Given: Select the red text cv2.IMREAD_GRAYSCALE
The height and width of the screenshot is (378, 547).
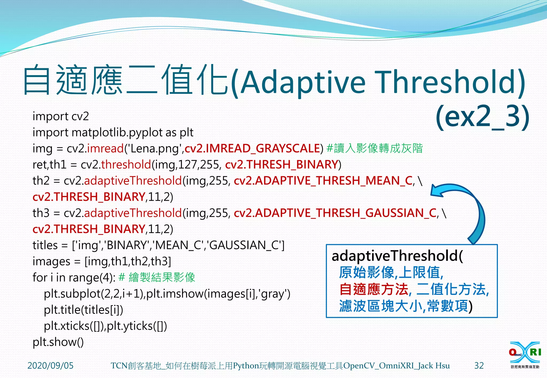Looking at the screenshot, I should pos(252,148).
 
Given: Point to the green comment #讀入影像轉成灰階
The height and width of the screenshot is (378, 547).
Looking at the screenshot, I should pos(374,148).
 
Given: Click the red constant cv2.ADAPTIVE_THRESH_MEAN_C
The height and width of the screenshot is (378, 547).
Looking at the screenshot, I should pos(323,181).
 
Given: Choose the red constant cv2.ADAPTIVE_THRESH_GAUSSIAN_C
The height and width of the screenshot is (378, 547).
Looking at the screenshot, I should pos(335,213).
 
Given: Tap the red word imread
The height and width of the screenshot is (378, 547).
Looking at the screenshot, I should pos(105,148).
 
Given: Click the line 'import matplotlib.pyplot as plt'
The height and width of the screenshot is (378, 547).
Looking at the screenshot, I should pos(113,132).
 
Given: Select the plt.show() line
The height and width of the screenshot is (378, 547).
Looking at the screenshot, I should pos(58,342).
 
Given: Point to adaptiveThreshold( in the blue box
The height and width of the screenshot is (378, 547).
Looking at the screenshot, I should pos(397,256).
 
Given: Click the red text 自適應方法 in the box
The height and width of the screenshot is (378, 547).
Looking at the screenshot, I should pos(374,289).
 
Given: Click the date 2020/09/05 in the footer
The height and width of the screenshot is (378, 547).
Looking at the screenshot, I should pos(50,365).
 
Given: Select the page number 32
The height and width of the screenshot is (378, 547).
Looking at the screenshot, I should pos(479,365).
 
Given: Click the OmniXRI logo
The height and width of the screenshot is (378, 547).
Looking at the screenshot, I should pos(525,355).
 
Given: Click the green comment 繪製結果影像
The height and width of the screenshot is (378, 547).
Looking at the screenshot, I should pos(162,278).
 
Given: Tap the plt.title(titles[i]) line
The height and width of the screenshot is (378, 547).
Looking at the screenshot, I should pos(83,310).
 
